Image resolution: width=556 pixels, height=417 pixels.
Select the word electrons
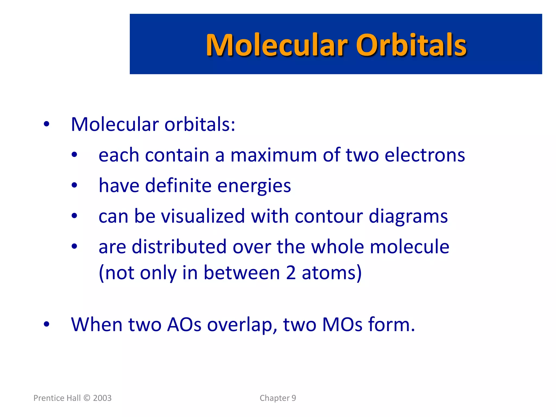pos(425,155)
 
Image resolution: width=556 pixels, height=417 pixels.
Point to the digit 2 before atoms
pos(291,273)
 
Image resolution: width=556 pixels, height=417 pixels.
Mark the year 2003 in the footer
pos(102,398)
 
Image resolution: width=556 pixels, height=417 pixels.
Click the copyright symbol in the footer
pos(87,398)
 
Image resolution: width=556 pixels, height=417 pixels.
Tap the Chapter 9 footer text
pos(278,398)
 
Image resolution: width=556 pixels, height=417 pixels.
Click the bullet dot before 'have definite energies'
pos(74,186)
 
